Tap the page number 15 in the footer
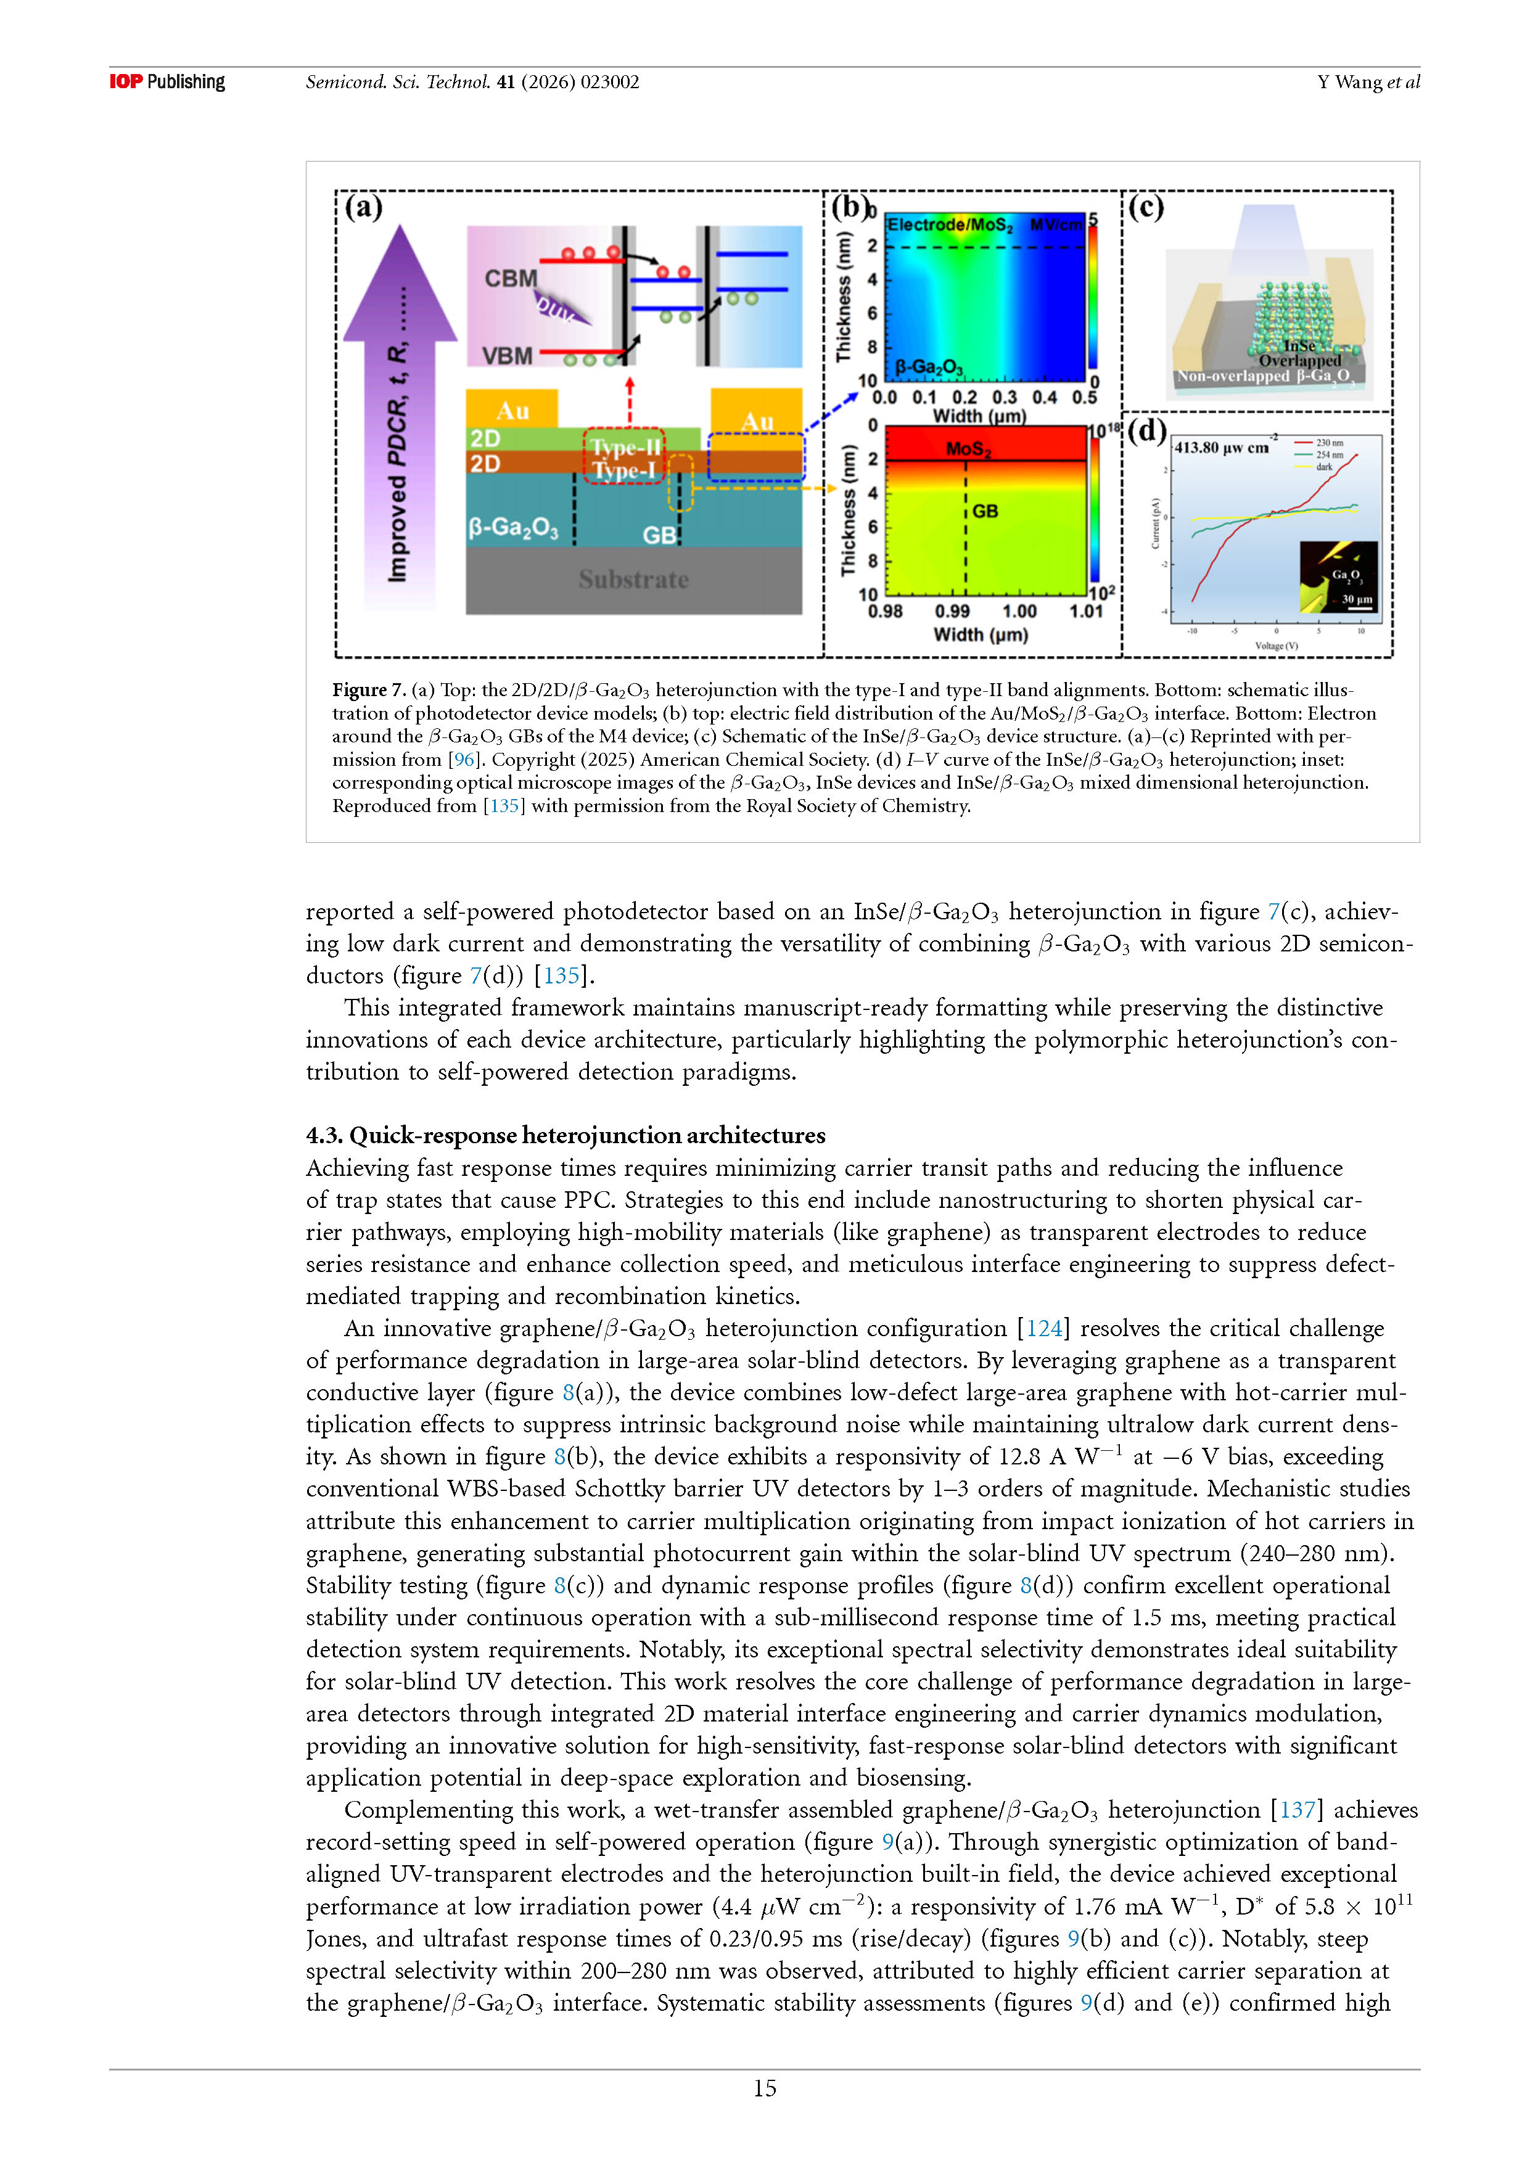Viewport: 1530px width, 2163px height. (x=764, y=2088)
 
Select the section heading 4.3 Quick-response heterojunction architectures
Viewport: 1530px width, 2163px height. (x=566, y=1135)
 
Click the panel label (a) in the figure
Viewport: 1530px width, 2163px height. (x=364, y=207)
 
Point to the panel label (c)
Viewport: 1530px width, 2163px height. (x=1146, y=207)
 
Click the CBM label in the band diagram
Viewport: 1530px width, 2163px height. (x=511, y=278)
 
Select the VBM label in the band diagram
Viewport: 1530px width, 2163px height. (x=507, y=356)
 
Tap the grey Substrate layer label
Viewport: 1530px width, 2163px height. (x=633, y=580)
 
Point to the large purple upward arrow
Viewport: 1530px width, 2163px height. (x=400, y=405)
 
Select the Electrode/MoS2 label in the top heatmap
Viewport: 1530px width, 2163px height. (x=950, y=225)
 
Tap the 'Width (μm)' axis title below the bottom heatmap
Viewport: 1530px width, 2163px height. (x=980, y=635)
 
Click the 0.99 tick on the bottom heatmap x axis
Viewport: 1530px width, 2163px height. (x=953, y=612)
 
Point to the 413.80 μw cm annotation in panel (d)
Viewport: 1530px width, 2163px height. (x=1222, y=448)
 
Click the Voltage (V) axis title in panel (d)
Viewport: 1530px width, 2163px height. (x=1276, y=646)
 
